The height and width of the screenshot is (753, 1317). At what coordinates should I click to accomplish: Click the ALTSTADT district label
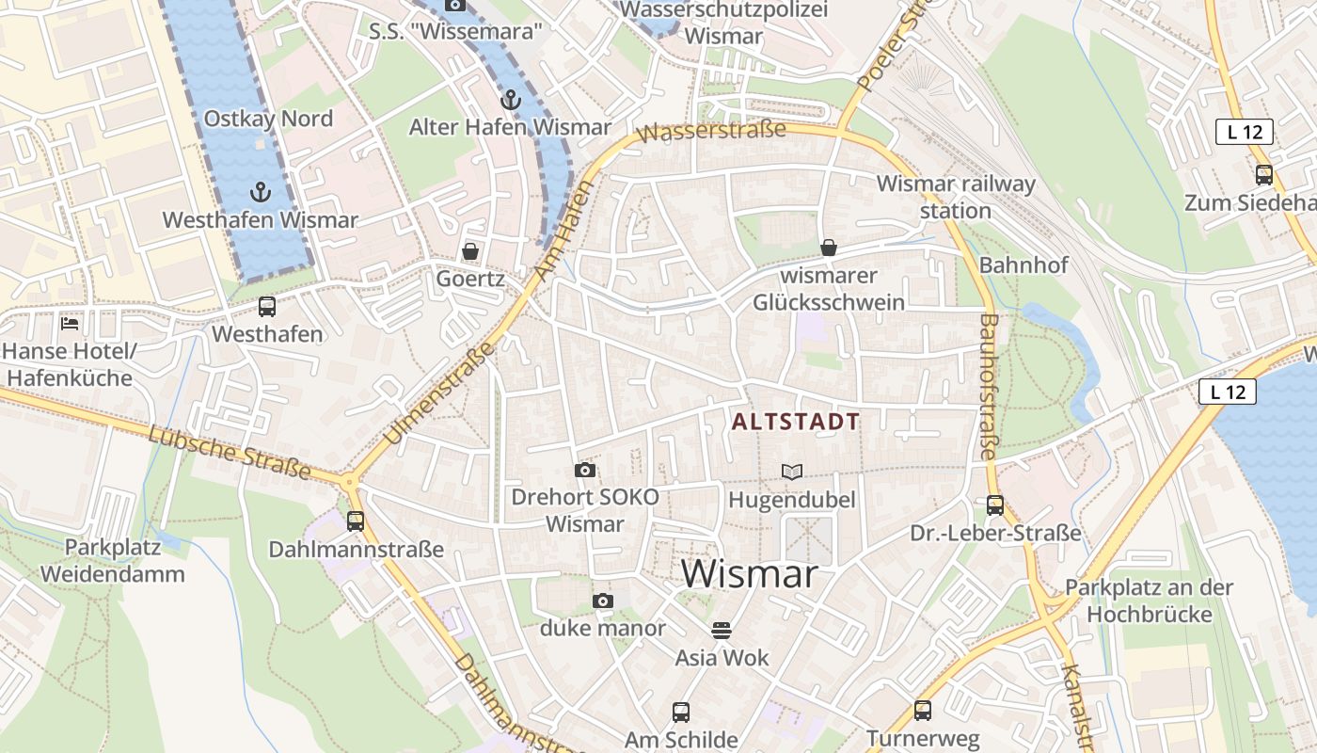(796, 422)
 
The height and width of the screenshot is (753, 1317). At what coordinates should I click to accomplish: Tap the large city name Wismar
(749, 573)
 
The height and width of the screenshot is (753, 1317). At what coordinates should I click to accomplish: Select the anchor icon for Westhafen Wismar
(260, 192)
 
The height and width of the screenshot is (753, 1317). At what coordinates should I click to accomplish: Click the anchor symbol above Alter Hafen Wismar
(510, 99)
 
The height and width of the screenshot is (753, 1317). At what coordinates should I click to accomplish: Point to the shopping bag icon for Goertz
(469, 251)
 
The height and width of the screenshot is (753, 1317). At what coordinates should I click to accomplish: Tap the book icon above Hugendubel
(792, 472)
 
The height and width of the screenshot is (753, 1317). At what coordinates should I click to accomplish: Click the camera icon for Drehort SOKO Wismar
(585, 470)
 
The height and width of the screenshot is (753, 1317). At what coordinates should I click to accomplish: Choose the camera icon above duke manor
(602, 601)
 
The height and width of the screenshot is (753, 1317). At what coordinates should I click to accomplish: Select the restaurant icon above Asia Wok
(722, 630)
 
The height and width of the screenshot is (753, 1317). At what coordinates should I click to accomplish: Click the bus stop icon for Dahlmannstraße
(356, 521)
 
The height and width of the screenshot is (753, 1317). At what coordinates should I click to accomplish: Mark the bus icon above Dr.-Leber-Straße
(995, 505)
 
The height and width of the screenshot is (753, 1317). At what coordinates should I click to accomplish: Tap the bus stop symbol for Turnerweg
(923, 711)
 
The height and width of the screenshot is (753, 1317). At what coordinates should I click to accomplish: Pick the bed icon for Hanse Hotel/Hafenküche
(70, 324)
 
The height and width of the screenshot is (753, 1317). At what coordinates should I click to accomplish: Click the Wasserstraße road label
(711, 131)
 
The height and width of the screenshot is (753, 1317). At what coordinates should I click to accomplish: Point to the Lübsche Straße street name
(229, 452)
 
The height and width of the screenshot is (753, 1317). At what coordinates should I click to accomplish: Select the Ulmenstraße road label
(440, 393)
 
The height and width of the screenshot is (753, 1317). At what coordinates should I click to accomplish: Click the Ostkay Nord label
(268, 119)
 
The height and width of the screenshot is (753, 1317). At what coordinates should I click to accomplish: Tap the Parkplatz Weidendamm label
(113, 560)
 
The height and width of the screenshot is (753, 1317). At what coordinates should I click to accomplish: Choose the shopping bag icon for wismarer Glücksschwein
(829, 248)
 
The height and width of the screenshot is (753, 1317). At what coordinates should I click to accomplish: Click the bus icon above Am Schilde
(681, 713)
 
